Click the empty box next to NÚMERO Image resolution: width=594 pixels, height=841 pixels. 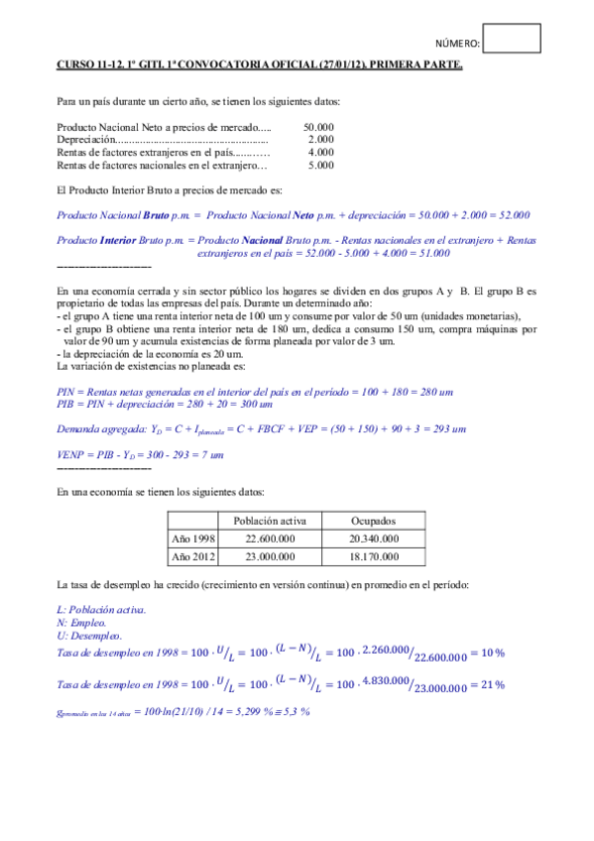(x=516, y=39)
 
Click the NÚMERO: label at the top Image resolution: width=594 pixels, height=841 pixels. (x=459, y=45)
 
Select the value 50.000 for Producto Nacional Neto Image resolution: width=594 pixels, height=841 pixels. (x=318, y=127)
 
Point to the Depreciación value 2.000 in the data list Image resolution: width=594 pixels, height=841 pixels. (x=321, y=140)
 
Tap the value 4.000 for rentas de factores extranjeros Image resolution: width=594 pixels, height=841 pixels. (x=321, y=153)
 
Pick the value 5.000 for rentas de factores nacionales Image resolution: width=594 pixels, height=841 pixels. (x=321, y=166)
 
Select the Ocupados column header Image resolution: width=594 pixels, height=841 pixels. (x=375, y=521)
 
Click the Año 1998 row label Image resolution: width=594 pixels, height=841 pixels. (x=194, y=539)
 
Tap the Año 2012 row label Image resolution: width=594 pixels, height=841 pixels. (x=194, y=557)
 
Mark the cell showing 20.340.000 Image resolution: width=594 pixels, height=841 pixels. (x=375, y=539)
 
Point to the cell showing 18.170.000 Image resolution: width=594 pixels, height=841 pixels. (x=375, y=557)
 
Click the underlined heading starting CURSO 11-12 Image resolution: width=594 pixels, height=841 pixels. (x=258, y=65)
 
